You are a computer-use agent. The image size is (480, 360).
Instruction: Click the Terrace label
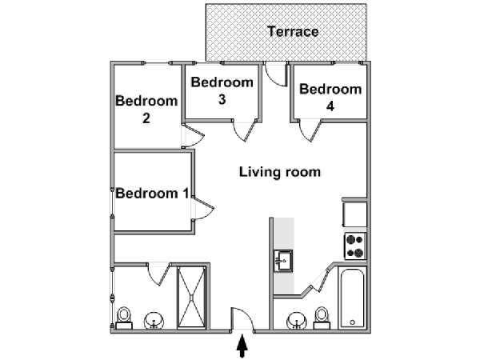coord(293,31)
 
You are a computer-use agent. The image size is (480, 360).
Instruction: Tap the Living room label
coord(280,172)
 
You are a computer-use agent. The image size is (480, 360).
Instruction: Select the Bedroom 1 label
coord(152,194)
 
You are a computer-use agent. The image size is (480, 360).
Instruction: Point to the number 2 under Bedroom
coord(146,118)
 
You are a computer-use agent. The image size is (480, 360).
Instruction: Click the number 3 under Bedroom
coord(222,99)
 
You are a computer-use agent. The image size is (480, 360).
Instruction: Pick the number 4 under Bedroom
coord(330,106)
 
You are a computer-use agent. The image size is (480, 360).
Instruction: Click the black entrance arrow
coord(242,346)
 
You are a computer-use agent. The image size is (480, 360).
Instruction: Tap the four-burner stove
coord(355,246)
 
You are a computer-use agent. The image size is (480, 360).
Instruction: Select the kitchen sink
coord(283,261)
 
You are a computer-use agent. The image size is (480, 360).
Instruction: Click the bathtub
coord(352,298)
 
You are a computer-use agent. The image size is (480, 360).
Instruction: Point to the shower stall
coord(191,297)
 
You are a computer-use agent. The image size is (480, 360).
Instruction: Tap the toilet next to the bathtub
coord(322,318)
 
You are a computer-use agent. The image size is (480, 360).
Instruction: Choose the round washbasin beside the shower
coord(154,321)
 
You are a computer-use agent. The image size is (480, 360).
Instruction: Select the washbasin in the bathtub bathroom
coord(297,321)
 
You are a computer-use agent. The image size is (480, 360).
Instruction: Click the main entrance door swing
coord(242,319)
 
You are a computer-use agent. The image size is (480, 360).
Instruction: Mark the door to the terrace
coord(276,74)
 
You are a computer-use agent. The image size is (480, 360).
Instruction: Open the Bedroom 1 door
coord(202,208)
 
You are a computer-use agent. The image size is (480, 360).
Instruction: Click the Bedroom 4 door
coord(310,130)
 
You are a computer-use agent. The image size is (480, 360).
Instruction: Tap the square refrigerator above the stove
coord(354,214)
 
